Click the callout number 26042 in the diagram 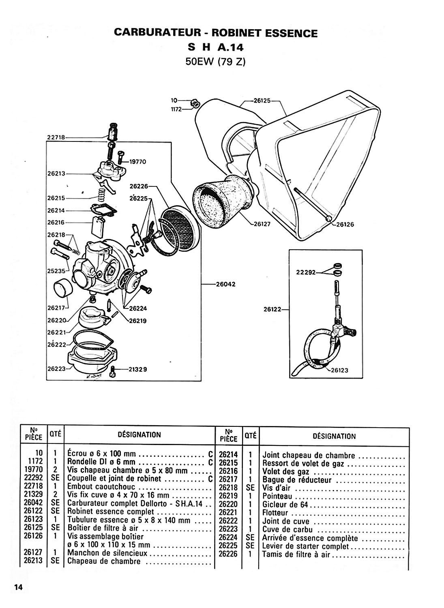(x=226, y=284)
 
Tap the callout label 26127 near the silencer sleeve (x=262, y=224)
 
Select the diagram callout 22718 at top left (x=56, y=137)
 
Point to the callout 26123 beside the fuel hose (x=339, y=370)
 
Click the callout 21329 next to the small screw (x=138, y=369)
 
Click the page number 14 (x=19, y=587)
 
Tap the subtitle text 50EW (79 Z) (x=215, y=62)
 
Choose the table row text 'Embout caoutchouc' (x=101, y=487)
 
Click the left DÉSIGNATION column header (x=139, y=435)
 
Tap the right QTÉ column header (x=250, y=435)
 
